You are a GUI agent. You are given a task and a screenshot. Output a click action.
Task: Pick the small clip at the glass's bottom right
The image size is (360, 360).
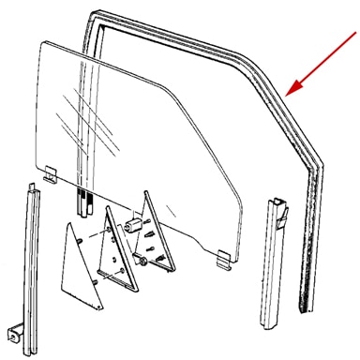pyautogui.click(x=223, y=255)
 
